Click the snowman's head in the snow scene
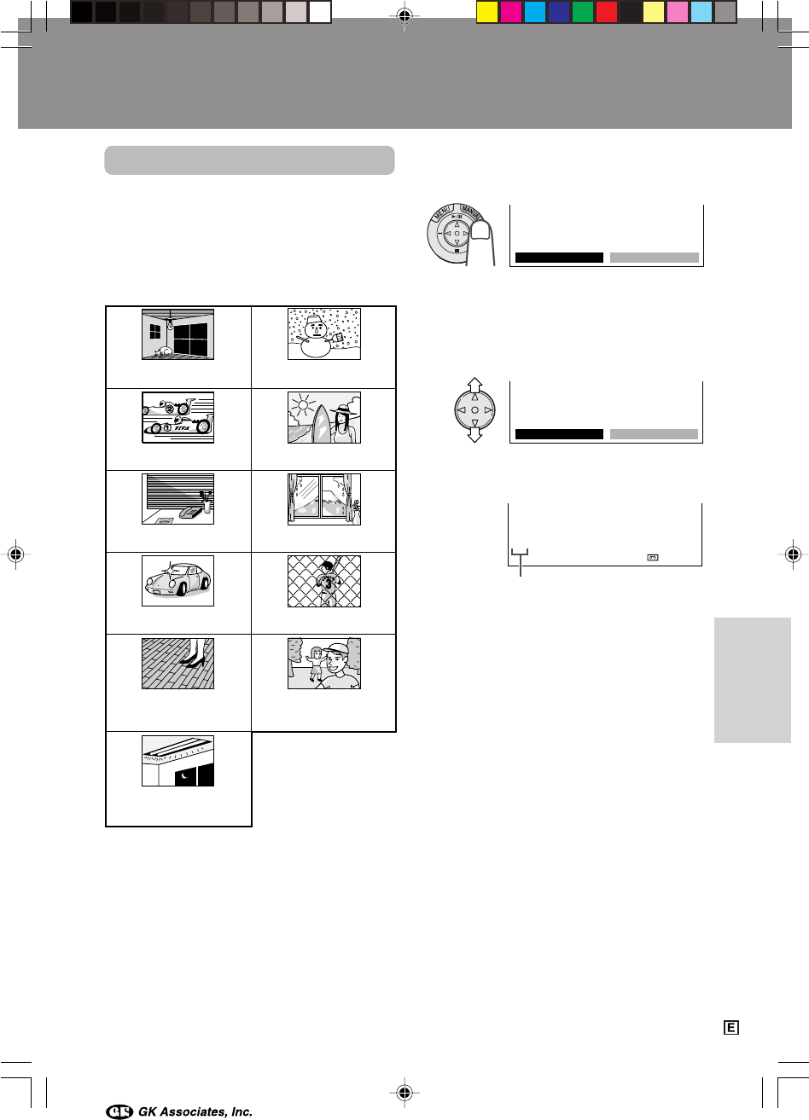(x=316, y=328)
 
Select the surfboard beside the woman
(x=321, y=423)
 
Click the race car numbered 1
(x=178, y=427)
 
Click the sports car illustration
(x=178, y=579)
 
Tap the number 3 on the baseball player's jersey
(x=327, y=583)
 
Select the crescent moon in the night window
(x=185, y=775)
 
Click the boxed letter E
(x=731, y=1028)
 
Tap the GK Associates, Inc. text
(x=195, y=1111)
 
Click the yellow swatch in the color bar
(x=486, y=12)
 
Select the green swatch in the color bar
(x=582, y=12)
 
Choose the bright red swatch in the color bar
(x=607, y=12)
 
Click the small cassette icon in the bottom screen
(x=652, y=557)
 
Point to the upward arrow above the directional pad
(x=474, y=385)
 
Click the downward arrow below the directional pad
(x=474, y=435)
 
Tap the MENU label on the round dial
(x=442, y=213)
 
